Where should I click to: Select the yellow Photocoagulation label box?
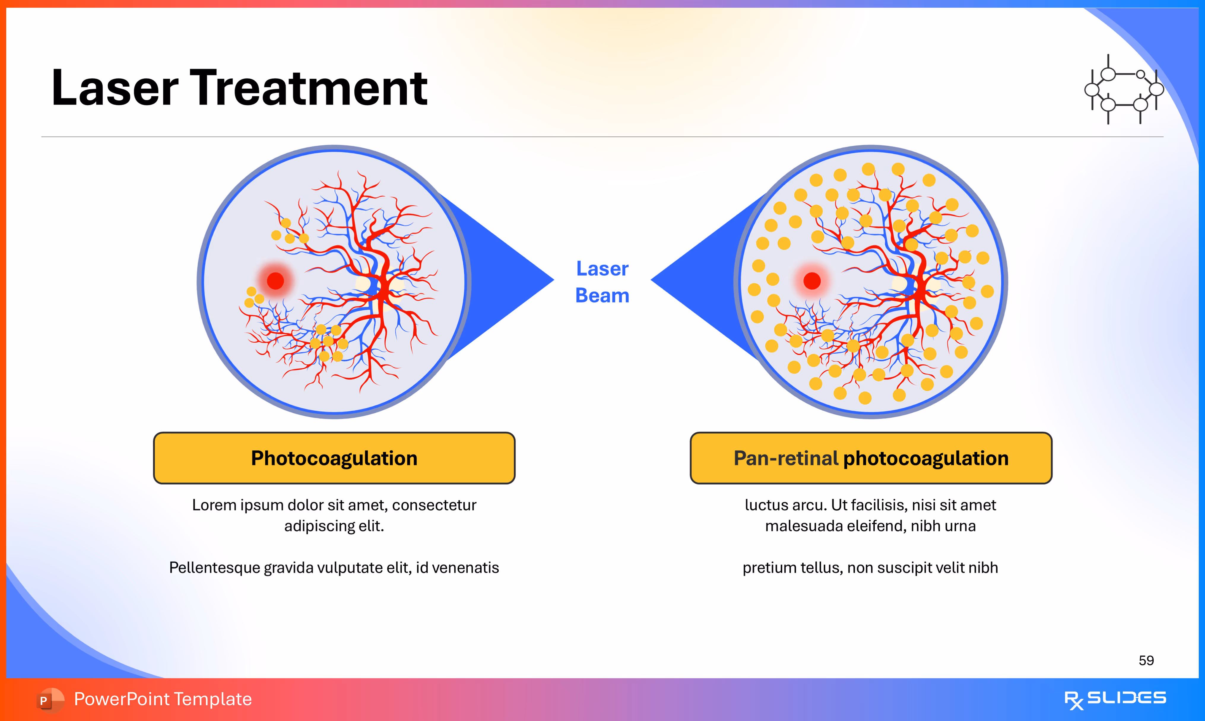(x=334, y=458)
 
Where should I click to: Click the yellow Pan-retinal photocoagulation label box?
(x=871, y=458)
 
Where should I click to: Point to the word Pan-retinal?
(x=786, y=458)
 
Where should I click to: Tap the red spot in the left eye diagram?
(x=275, y=281)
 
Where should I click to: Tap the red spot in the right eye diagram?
(x=812, y=281)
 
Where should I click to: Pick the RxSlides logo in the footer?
(x=1115, y=700)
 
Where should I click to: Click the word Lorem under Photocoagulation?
(x=214, y=505)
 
